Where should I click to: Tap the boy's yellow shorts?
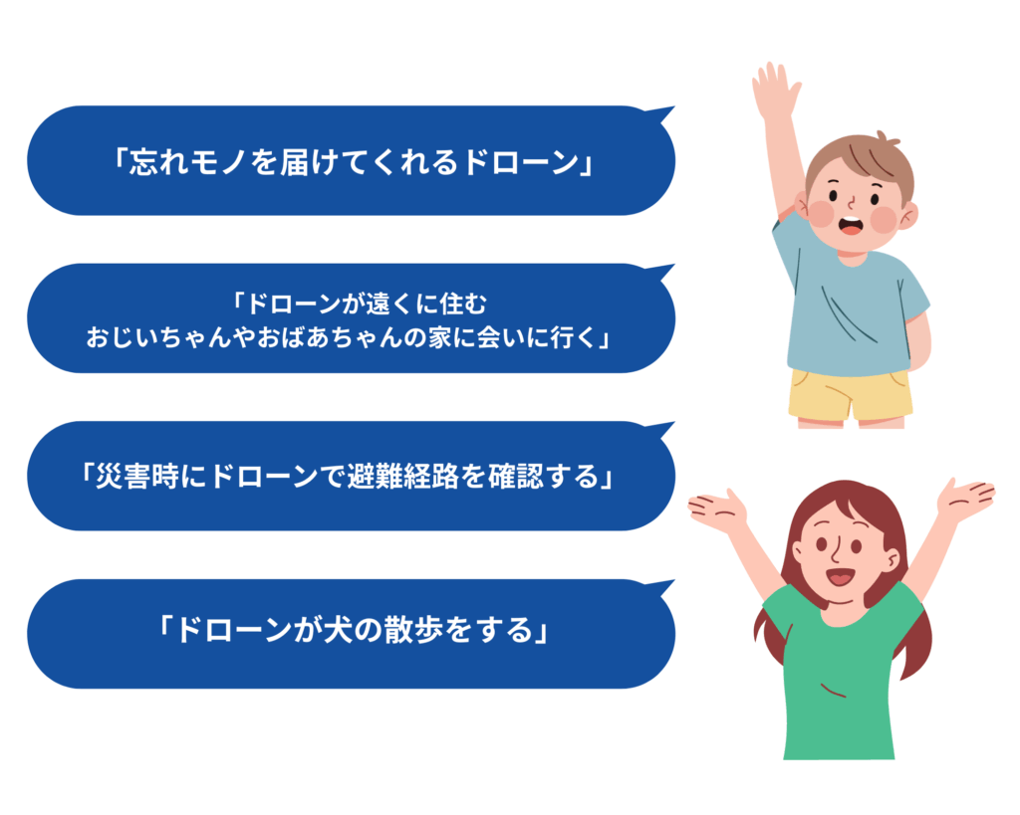[x=850, y=394]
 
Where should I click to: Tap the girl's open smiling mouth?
[x=840, y=576]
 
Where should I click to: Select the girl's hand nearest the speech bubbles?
[x=716, y=509]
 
